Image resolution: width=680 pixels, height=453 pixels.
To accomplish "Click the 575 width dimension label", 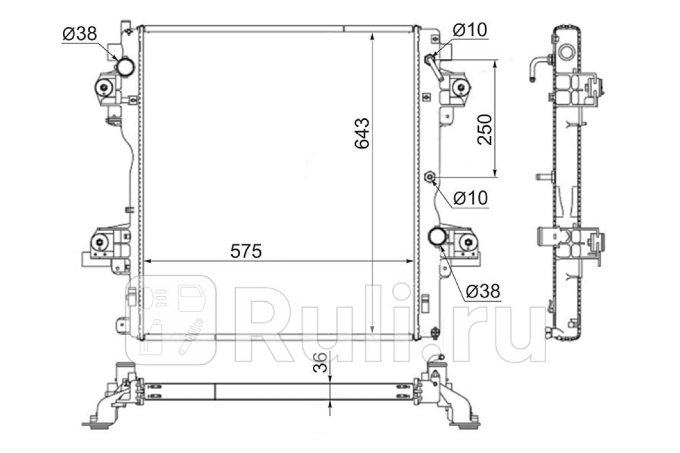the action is [x=246, y=251].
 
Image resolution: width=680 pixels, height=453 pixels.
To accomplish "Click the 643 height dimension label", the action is [x=362, y=133].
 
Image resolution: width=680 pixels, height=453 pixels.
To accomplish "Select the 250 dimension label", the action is [x=484, y=130].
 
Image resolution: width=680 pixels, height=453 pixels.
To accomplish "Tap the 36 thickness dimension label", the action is [x=320, y=362].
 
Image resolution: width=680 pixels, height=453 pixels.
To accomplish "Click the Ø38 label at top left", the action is [x=79, y=33].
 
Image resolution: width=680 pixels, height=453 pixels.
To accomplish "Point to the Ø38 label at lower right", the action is [x=483, y=291].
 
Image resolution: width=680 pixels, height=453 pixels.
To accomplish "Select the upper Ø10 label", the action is [x=470, y=30].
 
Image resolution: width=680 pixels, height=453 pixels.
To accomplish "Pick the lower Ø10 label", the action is [x=470, y=198].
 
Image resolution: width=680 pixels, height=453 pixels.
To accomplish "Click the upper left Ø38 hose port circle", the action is [x=125, y=67].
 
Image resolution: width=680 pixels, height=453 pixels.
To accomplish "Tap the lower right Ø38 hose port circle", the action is [x=437, y=237].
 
